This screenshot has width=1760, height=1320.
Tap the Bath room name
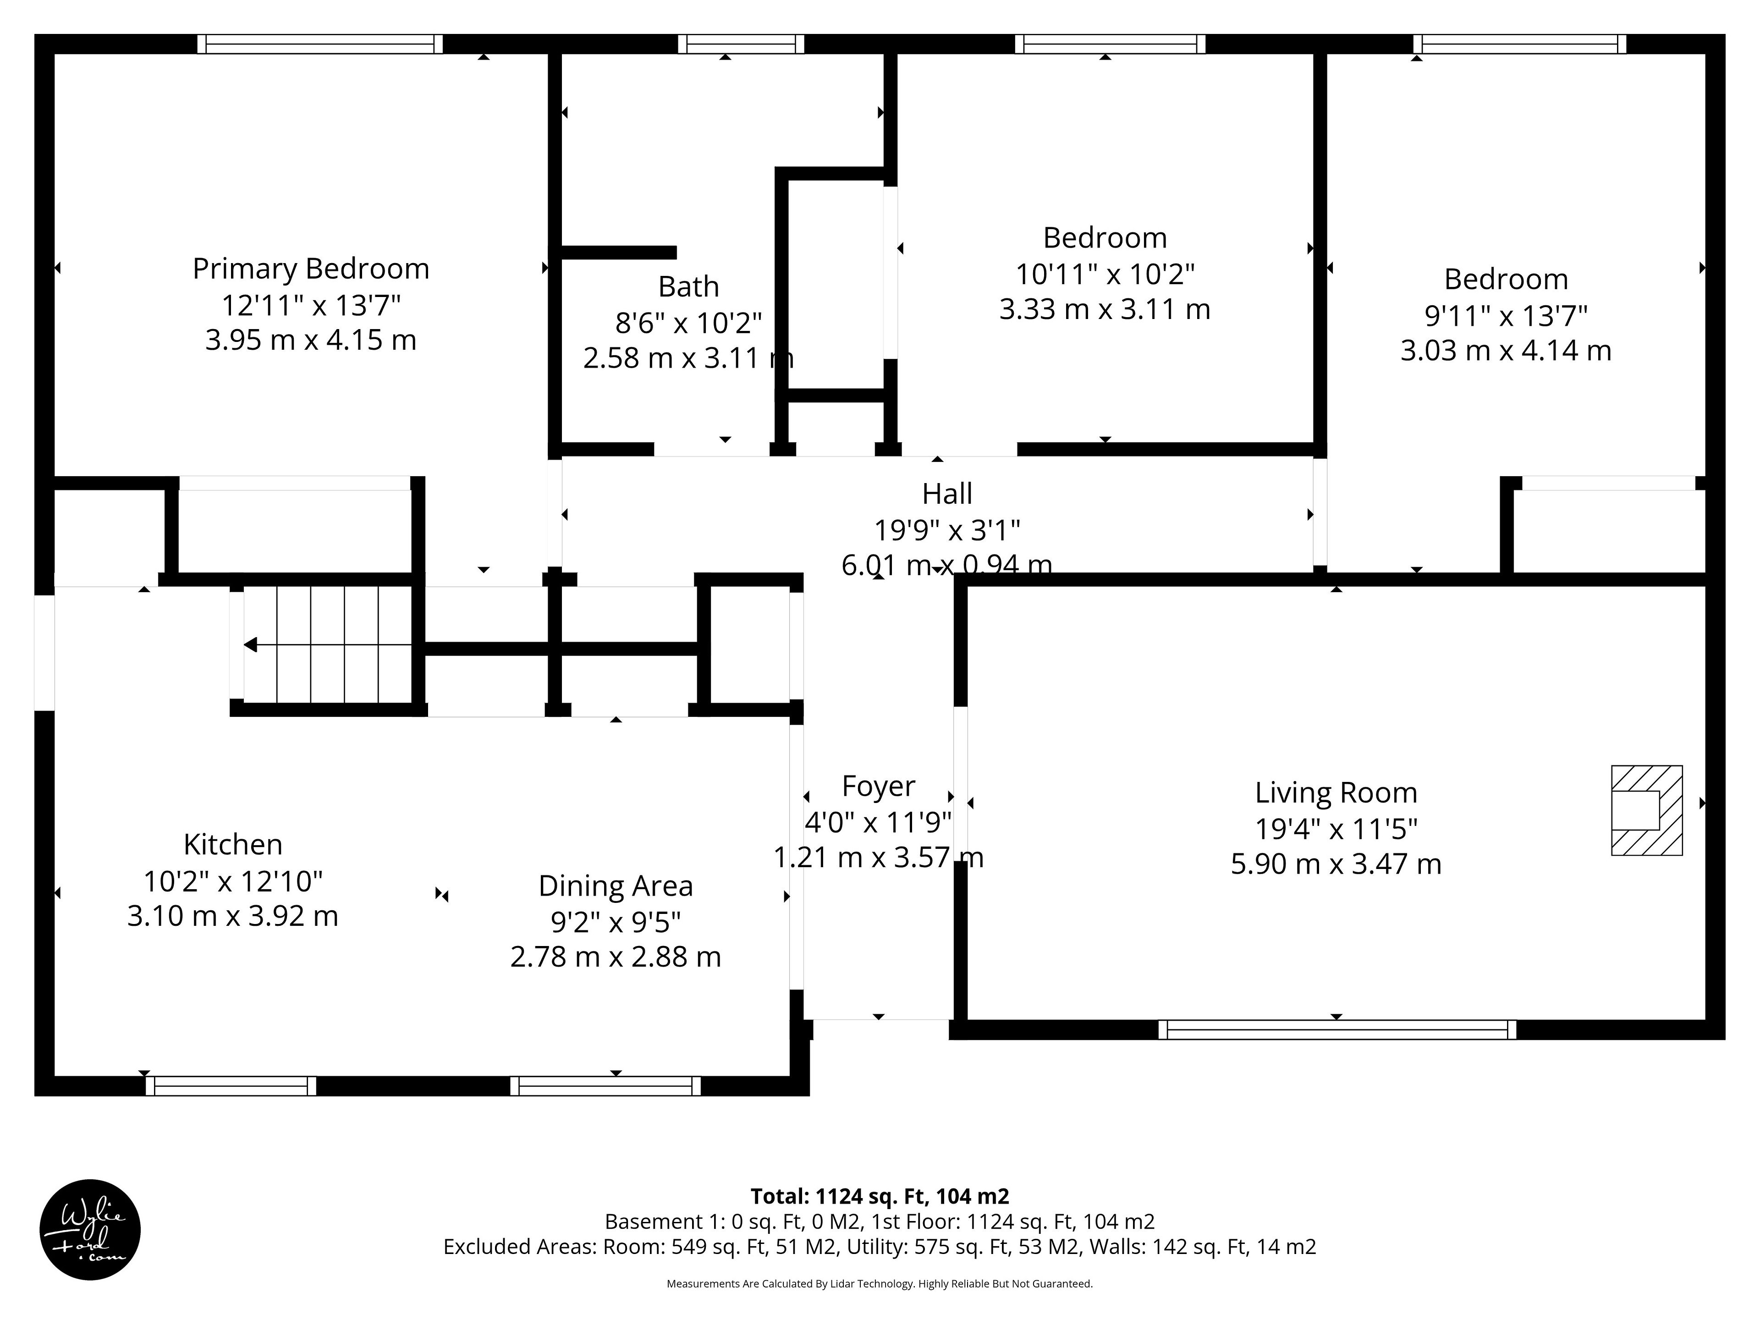(688, 286)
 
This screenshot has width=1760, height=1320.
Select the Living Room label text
(1336, 793)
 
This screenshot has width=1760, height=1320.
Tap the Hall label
(947, 494)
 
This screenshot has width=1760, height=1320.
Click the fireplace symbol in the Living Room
(1646, 810)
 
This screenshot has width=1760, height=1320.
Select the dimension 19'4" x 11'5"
(1336, 829)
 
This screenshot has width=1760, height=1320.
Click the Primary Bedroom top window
(320, 44)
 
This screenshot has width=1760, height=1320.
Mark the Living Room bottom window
(1336, 1029)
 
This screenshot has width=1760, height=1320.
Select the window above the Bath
(741, 44)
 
